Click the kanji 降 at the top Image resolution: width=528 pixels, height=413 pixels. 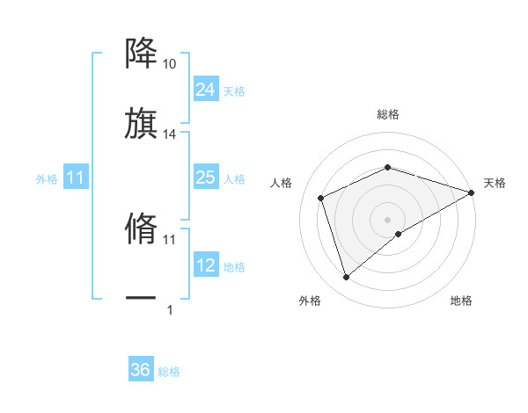[141, 54]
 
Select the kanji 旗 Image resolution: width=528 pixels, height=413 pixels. [141, 123]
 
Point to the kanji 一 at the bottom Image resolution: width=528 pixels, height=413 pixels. [141, 299]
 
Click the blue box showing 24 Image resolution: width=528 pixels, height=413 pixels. [205, 90]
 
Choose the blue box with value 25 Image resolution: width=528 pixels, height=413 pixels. [205, 178]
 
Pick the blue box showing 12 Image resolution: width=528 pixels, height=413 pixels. [205, 265]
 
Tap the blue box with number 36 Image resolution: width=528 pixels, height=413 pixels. [141, 370]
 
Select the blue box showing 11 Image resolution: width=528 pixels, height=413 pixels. [76, 178]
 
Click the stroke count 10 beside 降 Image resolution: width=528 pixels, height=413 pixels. [170, 65]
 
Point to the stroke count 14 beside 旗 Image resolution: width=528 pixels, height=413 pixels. [170, 134]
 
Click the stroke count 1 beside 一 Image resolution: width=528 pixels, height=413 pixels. [170, 309]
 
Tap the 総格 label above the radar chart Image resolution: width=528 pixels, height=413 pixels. [388, 114]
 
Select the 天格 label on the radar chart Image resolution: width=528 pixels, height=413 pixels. [495, 183]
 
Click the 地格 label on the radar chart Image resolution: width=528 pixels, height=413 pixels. [461, 301]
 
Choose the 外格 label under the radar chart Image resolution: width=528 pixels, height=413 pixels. [310, 301]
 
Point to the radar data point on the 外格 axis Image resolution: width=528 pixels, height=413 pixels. [346, 278]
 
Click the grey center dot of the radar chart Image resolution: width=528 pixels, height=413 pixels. [388, 219]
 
